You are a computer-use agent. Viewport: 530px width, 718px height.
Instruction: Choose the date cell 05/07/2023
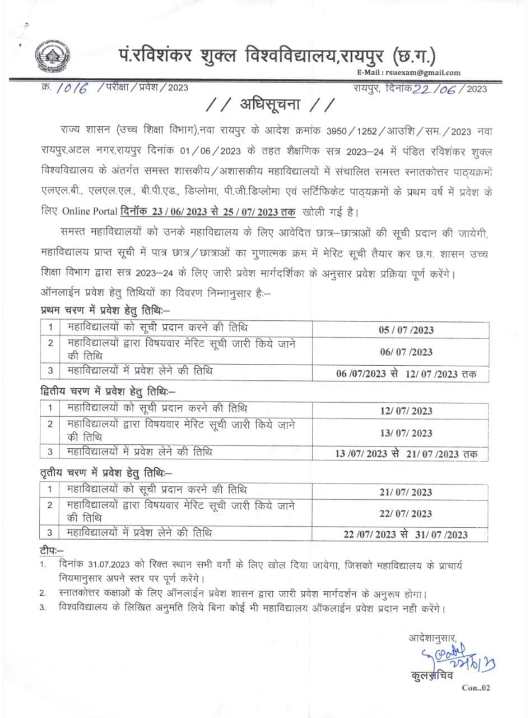pyautogui.click(x=406, y=330)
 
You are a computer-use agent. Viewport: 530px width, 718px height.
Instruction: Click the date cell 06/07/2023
pyautogui.click(x=406, y=352)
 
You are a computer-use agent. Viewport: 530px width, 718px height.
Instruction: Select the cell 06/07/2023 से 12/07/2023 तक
pyautogui.click(x=406, y=374)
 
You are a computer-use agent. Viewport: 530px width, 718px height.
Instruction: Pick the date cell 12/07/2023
pyautogui.click(x=406, y=411)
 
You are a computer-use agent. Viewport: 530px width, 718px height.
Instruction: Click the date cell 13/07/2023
pyautogui.click(x=406, y=433)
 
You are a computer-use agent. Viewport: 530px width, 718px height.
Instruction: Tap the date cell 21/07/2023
pyautogui.click(x=406, y=492)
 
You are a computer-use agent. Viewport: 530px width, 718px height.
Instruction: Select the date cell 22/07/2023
pyautogui.click(x=406, y=514)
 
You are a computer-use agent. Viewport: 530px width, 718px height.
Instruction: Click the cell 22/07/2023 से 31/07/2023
pyautogui.click(x=406, y=535)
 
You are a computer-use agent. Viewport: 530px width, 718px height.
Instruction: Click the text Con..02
pyautogui.click(x=476, y=688)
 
